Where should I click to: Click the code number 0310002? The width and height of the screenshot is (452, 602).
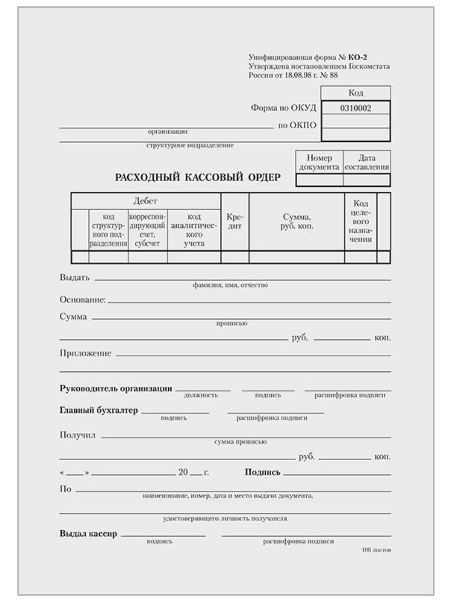356,107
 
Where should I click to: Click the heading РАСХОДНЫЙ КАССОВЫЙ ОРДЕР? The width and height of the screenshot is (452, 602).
198,178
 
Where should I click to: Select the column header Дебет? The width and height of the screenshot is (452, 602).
145,201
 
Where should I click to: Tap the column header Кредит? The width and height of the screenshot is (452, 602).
235,222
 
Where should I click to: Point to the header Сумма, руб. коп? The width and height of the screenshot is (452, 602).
296,222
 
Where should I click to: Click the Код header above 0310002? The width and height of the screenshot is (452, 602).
356,93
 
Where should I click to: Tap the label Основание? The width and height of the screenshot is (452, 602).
82,300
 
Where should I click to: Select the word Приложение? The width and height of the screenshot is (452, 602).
85,353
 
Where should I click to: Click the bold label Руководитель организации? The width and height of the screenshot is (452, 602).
116,388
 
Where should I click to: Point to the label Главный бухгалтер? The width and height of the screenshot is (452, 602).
98,410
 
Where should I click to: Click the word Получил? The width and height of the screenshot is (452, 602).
77,434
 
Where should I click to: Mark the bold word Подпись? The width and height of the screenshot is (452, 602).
262,472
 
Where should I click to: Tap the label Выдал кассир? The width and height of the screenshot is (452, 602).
88,533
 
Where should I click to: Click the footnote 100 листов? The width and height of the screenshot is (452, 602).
376,550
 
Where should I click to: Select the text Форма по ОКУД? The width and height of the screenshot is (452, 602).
283,108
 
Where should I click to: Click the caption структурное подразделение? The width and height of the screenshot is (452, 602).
190,145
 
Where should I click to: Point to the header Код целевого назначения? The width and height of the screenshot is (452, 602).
361,222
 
